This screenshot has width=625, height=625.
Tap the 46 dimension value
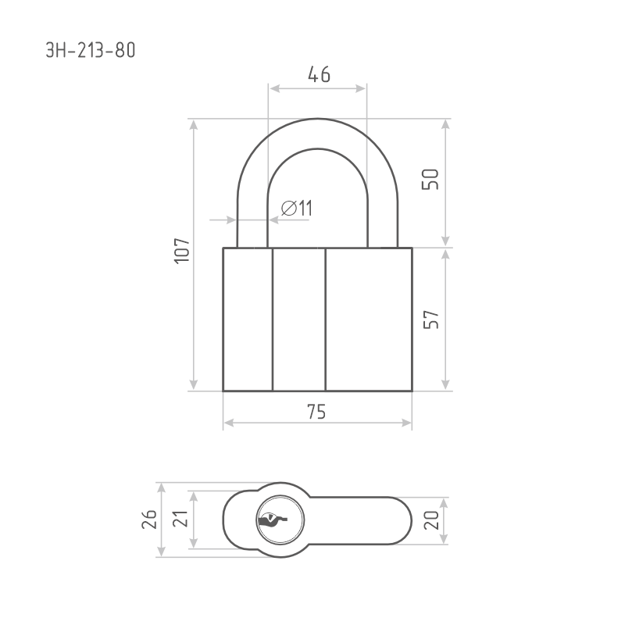click(318, 74)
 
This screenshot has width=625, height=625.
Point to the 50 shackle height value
click(431, 179)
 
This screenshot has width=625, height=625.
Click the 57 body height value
click(431, 319)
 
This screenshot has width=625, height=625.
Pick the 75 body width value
click(316, 412)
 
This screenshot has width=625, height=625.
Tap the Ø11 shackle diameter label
click(296, 208)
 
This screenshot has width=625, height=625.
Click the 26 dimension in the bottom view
click(151, 519)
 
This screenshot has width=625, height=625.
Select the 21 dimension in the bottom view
click(180, 519)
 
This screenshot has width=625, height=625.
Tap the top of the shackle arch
click(317, 120)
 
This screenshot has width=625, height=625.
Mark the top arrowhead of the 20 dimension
click(445, 500)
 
